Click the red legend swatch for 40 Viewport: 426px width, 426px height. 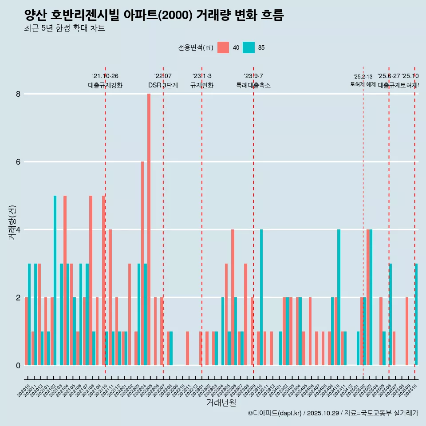(223, 47)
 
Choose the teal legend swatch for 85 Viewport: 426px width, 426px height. (248, 47)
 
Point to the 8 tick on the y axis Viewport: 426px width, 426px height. (18, 94)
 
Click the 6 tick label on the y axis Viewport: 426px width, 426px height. (18, 162)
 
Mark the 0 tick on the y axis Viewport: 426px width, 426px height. (18, 365)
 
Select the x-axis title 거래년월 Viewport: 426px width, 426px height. (221, 402)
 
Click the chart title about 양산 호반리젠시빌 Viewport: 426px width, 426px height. (154, 16)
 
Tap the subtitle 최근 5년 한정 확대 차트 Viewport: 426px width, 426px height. (65, 28)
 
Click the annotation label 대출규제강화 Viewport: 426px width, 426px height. (105, 85)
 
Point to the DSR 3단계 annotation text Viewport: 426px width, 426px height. (163, 85)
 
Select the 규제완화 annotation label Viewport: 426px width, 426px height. (202, 85)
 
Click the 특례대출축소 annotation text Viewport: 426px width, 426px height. (253, 85)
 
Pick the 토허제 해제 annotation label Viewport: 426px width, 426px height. (363, 84)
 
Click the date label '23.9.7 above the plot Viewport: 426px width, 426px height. (253, 76)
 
